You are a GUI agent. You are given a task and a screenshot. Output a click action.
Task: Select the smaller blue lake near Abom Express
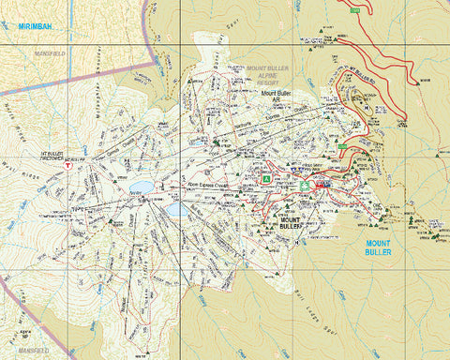(x=176, y=209)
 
